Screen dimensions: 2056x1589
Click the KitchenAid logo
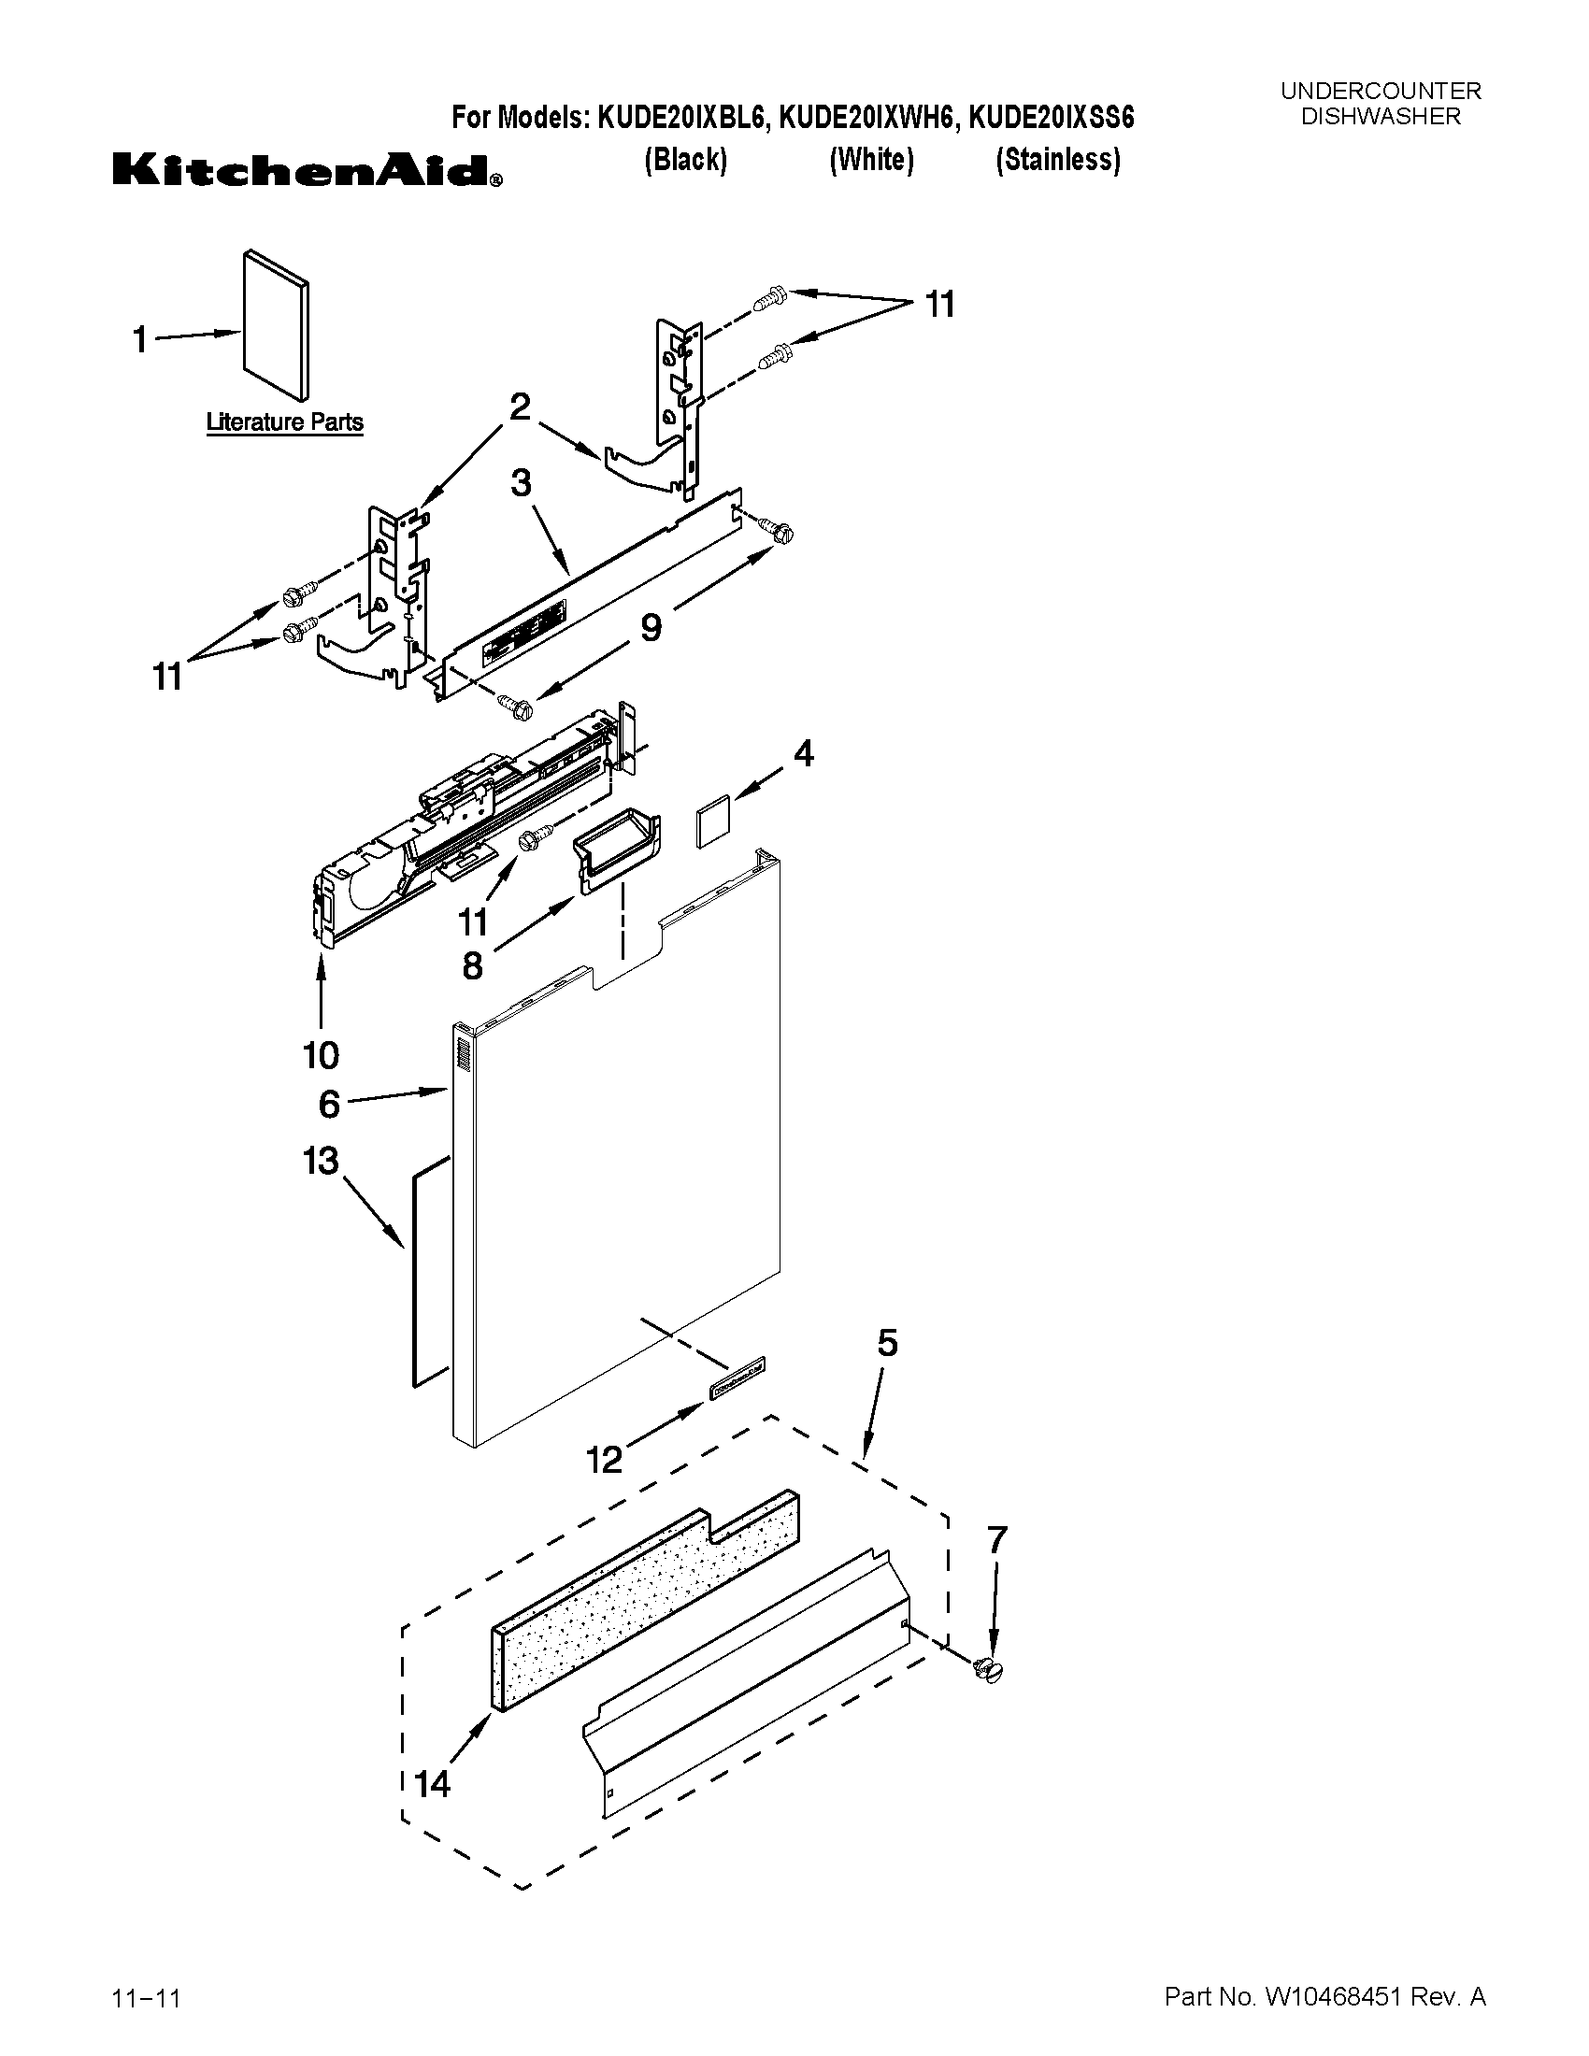307,170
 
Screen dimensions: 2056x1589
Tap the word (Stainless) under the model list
1058,160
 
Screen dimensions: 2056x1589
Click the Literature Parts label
284,422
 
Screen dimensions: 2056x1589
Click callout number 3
521,483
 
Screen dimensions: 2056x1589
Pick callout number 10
321,1055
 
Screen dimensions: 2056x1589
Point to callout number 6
328,1104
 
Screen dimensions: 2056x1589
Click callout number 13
320,1161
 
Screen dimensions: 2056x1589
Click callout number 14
433,1783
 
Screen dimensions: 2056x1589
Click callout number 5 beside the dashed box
887,1343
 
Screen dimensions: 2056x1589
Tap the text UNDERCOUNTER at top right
1380,92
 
